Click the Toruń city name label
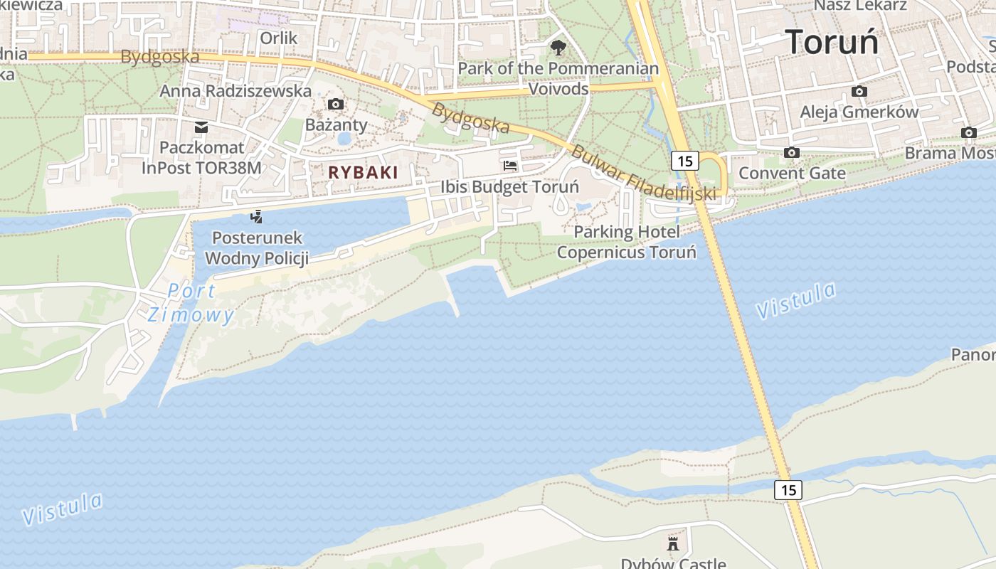pos(832,41)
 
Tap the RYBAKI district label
pos(363,172)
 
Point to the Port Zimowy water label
pos(190,303)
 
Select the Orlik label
pos(278,38)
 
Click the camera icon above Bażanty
pos(336,105)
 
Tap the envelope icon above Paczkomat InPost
pos(201,127)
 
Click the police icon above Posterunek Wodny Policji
pos(257,217)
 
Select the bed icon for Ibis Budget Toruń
pos(510,166)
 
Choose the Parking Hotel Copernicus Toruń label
pos(627,242)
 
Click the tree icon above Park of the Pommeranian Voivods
pos(558,48)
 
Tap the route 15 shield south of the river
pos(788,489)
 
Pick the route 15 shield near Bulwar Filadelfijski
pos(684,161)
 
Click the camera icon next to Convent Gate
pos(791,152)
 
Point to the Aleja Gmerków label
pos(859,112)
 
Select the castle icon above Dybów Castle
pos(673,544)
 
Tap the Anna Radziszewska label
pos(235,91)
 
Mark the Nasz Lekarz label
pos(860,6)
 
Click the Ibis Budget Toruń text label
pos(509,187)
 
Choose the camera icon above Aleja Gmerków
pos(859,92)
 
